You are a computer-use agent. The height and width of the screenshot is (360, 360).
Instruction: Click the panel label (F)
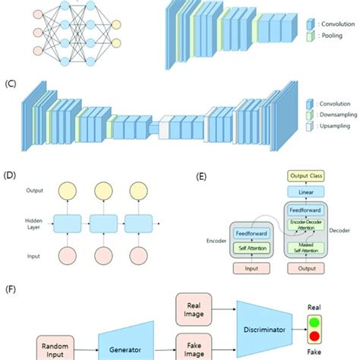coord(11,289)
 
